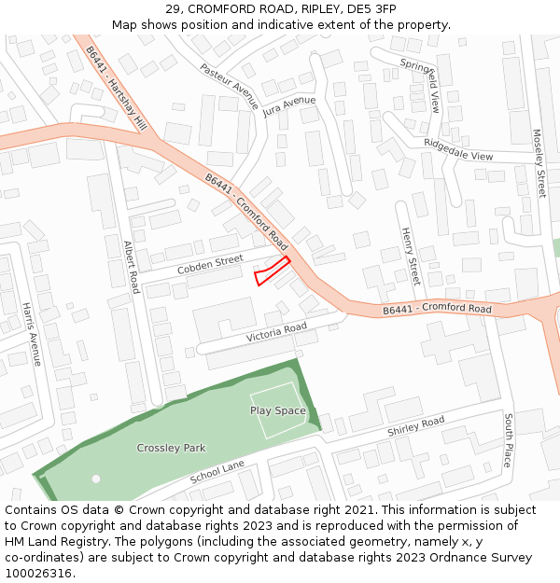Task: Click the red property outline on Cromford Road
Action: point(272,271)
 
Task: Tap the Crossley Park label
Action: point(171,448)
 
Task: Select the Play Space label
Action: point(277,410)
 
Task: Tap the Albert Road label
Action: point(132,267)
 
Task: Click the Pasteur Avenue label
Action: point(229,87)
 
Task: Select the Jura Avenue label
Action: point(289,106)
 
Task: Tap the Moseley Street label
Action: point(539,163)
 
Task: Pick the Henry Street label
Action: point(410,256)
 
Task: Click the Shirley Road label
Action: point(416,426)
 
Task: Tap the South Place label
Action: point(509,440)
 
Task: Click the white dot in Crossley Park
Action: point(96,479)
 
